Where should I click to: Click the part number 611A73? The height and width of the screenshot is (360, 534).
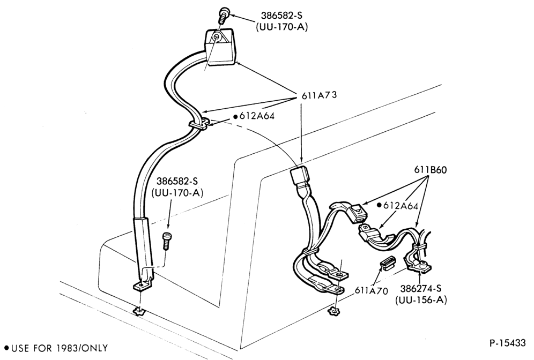[x=319, y=95]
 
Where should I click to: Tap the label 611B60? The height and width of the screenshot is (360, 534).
[x=430, y=169]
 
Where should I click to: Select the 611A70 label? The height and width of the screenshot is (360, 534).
[x=371, y=290]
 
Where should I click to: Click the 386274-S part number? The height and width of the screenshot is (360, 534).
[x=421, y=289]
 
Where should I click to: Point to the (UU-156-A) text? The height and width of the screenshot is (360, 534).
[x=421, y=300]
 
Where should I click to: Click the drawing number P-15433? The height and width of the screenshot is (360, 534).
[x=507, y=343]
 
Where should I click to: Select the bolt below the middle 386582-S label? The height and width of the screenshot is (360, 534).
[x=167, y=241]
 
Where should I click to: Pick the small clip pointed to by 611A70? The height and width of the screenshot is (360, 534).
[x=387, y=262]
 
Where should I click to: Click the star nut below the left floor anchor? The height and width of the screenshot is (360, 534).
[x=139, y=311]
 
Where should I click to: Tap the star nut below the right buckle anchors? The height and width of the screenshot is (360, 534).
[x=334, y=311]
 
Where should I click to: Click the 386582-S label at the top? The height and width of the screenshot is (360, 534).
[x=281, y=16]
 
